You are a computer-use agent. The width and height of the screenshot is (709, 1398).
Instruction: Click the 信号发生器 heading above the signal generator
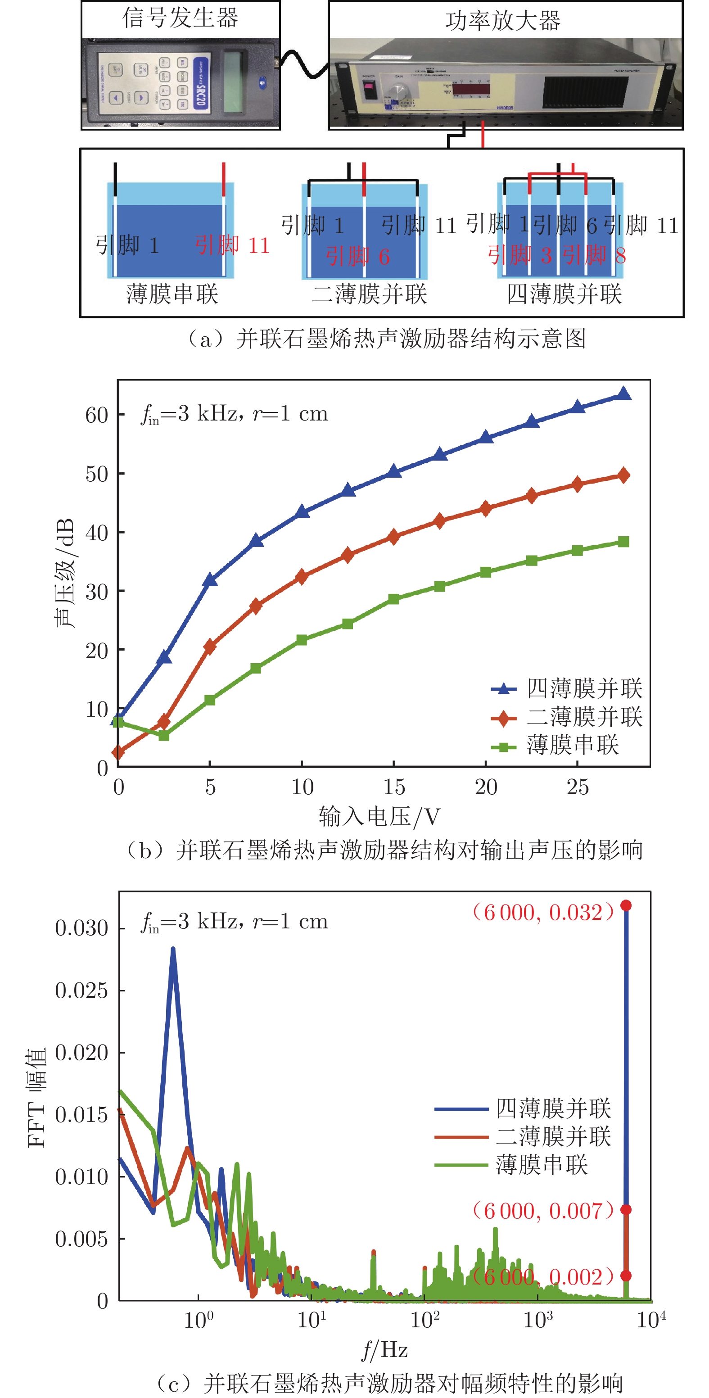tap(180, 18)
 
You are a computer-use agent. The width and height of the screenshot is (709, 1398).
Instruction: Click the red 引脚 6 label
tap(358, 256)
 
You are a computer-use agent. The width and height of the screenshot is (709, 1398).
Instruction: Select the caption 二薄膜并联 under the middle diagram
tap(370, 294)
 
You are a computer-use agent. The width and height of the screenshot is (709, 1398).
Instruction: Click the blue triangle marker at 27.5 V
tap(624, 394)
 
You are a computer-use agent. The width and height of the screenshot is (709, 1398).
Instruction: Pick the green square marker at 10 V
tap(302, 640)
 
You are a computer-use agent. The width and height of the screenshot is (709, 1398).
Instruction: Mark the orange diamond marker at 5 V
tap(210, 647)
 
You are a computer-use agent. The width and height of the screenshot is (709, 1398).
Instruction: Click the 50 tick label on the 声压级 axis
tap(97, 474)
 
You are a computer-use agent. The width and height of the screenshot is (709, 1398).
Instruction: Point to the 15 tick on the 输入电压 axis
tap(394, 787)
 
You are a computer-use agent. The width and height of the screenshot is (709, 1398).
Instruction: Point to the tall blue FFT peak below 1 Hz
tap(173, 951)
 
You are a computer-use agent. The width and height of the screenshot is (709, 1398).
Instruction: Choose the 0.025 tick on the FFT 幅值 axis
tap(81, 991)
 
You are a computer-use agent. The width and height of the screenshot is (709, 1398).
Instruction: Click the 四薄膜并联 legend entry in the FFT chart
tap(553, 1109)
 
